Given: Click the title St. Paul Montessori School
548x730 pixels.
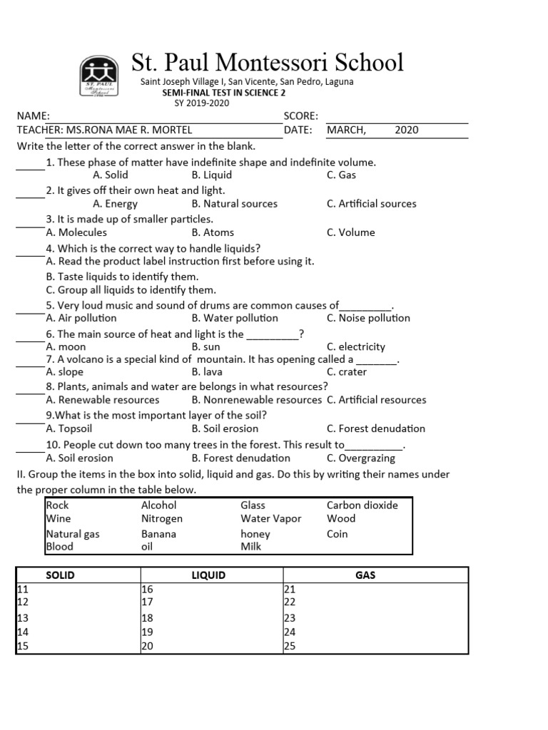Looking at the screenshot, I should point(268,62).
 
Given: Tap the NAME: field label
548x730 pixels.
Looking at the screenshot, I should point(34,115).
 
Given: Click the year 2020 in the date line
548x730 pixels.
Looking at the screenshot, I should point(406,130).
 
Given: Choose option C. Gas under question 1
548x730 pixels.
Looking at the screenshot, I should point(341,175).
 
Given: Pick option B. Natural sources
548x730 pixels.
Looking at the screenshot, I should point(234,204).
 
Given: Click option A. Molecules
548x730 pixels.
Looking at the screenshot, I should point(76,232).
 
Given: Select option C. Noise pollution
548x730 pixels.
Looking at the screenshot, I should point(368,318).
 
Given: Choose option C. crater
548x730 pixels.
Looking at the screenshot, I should point(347,371).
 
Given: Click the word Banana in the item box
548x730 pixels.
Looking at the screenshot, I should point(158,533).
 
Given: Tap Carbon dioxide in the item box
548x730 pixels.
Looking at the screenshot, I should point(362,505).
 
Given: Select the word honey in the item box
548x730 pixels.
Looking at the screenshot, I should point(255,533).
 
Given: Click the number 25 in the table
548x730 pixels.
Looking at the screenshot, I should point(290,647).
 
